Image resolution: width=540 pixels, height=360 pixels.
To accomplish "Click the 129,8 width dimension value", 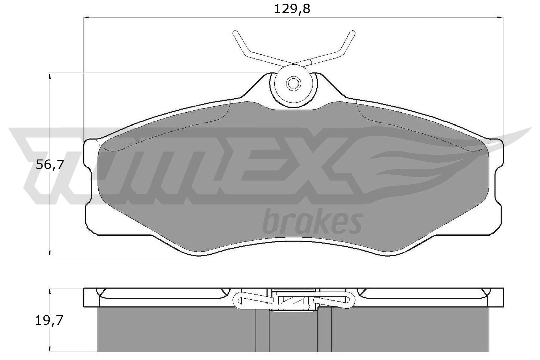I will click(x=292, y=9).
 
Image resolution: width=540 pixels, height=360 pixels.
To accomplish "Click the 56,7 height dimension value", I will click(x=49, y=165).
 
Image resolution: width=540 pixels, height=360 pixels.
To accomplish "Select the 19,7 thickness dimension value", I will click(x=49, y=320).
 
